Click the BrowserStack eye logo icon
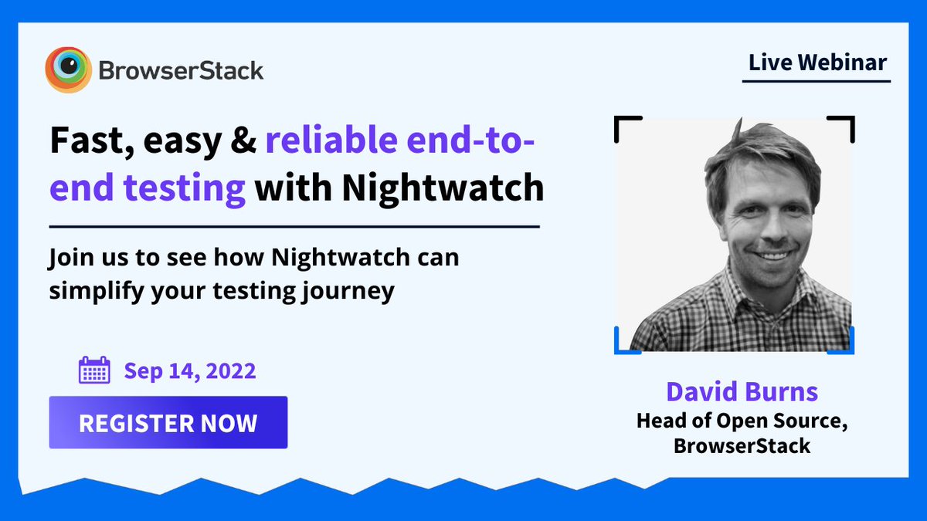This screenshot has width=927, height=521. pyautogui.click(x=68, y=69)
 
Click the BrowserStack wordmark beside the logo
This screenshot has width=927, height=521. pyautogui.click(x=181, y=71)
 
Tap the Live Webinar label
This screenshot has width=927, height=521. pyautogui.click(x=817, y=63)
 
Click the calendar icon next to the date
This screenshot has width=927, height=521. pyautogui.click(x=94, y=370)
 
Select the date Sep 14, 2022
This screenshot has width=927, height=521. pyautogui.click(x=190, y=371)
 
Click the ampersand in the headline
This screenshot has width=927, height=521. pyautogui.click(x=243, y=140)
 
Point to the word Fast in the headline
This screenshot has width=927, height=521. pyautogui.click(x=91, y=141)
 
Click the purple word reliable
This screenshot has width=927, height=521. pyautogui.click(x=331, y=140)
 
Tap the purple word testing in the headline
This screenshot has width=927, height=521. pyautogui.click(x=184, y=189)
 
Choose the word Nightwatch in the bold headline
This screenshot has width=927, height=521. pyautogui.click(x=443, y=188)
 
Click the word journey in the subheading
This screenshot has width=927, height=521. pyautogui.click(x=348, y=292)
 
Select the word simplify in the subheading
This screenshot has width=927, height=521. pyautogui.click(x=97, y=291)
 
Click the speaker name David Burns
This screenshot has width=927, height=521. pyautogui.click(x=742, y=391)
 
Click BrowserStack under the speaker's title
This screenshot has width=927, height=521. pyautogui.click(x=742, y=446)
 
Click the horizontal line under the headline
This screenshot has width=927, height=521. pyautogui.click(x=294, y=227)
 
